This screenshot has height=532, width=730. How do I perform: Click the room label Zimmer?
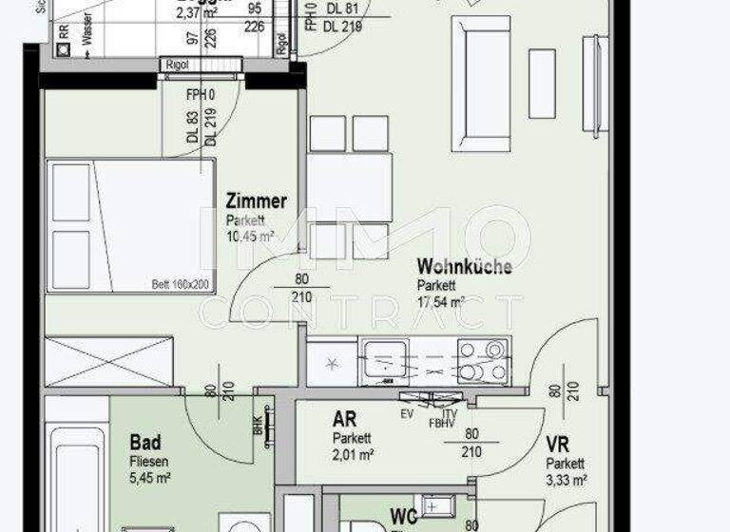tap(256, 201)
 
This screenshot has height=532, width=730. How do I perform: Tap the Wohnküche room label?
tap(464, 267)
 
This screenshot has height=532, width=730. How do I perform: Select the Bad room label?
tap(145, 443)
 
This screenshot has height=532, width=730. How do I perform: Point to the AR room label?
tap(344, 420)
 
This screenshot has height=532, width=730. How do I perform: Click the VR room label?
tap(557, 445)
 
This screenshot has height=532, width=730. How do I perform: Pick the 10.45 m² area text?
tap(250, 236)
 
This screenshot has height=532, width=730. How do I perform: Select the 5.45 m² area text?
tap(150, 478)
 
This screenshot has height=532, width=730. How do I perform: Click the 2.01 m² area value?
tap(353, 455)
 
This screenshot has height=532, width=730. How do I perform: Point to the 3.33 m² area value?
tap(566, 480)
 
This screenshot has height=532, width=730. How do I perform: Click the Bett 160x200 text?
tap(181, 284)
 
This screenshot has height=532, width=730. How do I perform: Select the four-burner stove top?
tap(482, 361)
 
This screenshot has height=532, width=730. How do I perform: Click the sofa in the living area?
tap(481, 83)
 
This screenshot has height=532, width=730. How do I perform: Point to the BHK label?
tap(258, 427)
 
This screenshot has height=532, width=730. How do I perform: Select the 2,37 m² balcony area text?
tap(196, 12)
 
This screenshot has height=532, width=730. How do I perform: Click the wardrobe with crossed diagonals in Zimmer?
tap(109, 361)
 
